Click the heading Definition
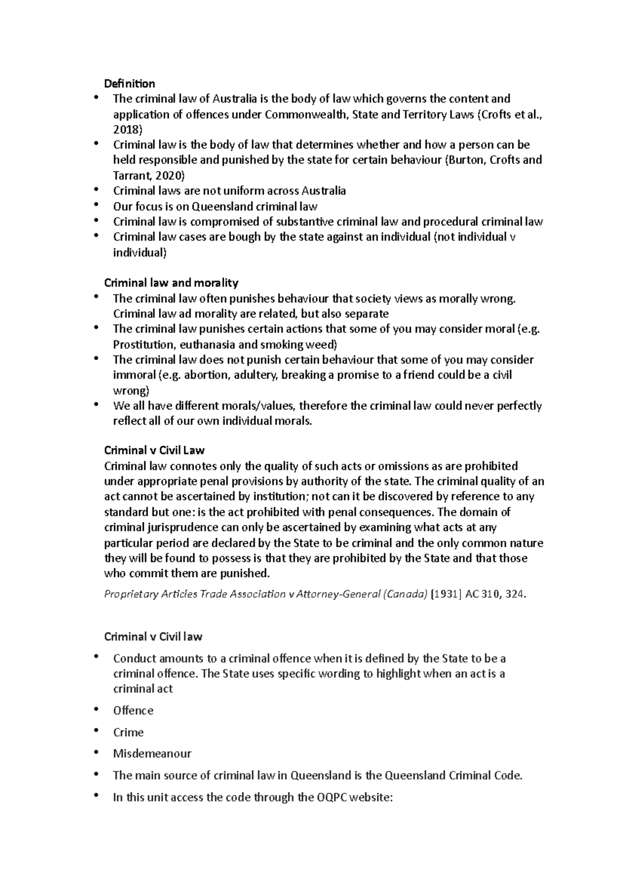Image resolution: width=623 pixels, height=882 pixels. (x=129, y=84)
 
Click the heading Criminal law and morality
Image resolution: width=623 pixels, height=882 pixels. (x=171, y=283)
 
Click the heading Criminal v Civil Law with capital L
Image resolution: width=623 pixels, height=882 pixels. (x=154, y=450)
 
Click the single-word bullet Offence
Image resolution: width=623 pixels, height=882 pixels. (x=133, y=711)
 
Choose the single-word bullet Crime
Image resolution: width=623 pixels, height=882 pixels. (x=128, y=732)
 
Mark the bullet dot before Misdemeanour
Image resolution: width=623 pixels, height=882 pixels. (x=96, y=752)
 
